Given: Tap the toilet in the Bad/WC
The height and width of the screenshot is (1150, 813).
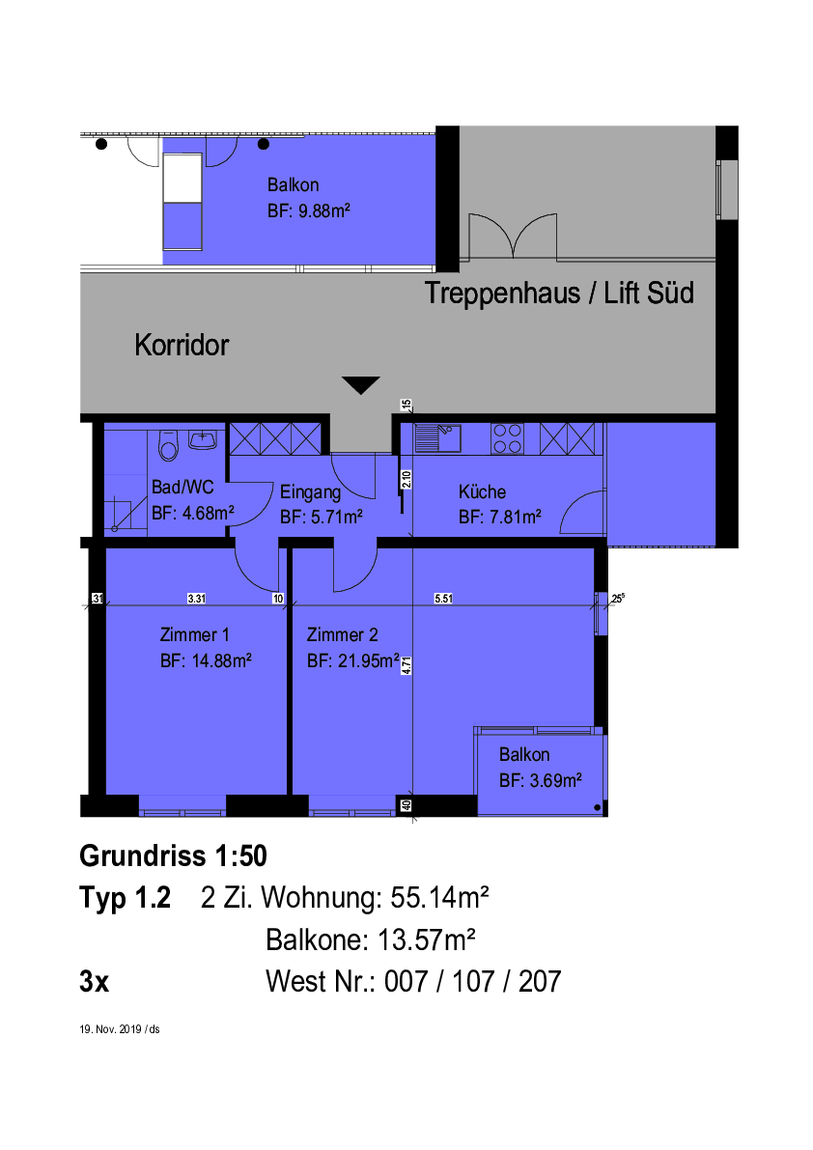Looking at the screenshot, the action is (169, 445).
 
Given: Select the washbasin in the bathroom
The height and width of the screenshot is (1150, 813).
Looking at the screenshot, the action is (203, 440).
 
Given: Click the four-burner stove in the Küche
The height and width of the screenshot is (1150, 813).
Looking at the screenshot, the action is (507, 438).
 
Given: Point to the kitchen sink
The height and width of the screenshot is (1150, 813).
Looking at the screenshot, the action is (437, 437).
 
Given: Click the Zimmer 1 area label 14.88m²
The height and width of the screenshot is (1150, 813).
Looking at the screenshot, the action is (221, 660).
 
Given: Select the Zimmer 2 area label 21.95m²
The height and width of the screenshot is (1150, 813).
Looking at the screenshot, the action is (369, 660).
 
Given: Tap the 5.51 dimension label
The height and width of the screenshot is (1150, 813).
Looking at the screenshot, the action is (443, 599).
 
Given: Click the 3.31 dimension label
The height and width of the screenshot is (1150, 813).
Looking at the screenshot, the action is (196, 599).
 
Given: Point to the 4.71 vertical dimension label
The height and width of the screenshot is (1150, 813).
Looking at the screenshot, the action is (406, 665).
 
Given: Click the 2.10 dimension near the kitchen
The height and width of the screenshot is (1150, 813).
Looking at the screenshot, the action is (406, 480).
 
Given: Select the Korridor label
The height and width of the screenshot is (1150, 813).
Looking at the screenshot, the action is (182, 345).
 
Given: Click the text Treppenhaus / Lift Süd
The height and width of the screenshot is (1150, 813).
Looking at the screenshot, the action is (559, 293).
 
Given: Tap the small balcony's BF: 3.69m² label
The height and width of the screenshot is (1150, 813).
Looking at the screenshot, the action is (541, 780).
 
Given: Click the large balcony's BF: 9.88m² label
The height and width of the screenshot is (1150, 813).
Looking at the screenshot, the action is (309, 211).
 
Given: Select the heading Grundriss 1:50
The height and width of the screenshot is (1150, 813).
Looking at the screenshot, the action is (173, 855).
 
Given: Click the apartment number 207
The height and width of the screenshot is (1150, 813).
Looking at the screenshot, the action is (540, 981).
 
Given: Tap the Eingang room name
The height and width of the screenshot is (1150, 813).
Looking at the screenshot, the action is (310, 492).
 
